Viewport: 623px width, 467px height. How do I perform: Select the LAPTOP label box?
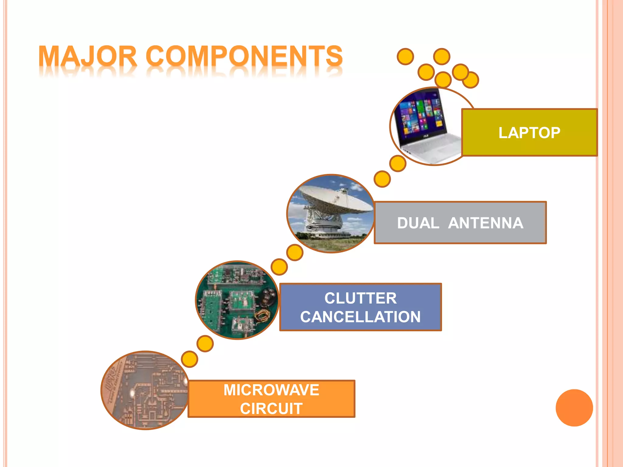(529, 133)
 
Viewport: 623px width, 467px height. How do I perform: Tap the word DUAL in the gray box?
(418, 223)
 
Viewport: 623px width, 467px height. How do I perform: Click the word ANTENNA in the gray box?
(486, 223)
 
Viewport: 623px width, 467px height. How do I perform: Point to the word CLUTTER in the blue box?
(360, 298)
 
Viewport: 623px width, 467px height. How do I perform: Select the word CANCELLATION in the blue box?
(360, 317)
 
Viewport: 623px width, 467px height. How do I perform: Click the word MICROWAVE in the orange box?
(271, 390)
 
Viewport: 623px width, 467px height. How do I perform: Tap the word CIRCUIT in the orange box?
(271, 409)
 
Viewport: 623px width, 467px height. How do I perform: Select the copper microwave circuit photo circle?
(144, 391)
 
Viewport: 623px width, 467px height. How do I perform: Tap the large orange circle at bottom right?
(574, 408)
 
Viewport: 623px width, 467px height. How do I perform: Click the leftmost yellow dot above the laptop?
(405, 57)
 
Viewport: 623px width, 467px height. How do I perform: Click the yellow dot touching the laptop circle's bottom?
(398, 164)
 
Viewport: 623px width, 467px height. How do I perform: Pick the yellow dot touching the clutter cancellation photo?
(279, 267)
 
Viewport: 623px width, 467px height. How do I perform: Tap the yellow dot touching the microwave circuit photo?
(189, 359)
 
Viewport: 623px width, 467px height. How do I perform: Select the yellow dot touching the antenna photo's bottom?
(295, 253)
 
